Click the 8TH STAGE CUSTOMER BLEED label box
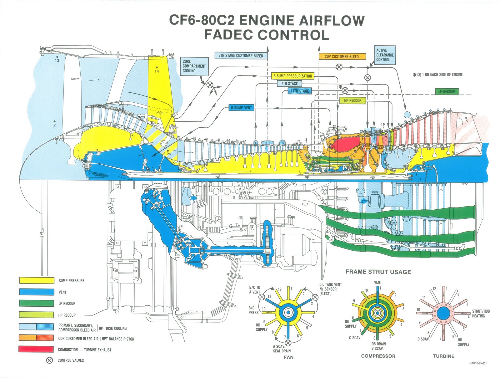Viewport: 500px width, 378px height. click(x=241, y=56)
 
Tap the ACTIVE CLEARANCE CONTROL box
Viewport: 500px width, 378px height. click(x=385, y=55)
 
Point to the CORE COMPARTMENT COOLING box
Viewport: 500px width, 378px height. click(x=195, y=66)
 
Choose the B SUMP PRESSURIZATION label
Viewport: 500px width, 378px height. click(x=292, y=76)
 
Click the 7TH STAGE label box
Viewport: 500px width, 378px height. click(x=290, y=84)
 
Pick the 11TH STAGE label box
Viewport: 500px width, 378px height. click(x=299, y=91)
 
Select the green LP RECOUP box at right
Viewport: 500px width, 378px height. click(x=447, y=91)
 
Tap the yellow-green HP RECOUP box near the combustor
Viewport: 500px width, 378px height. click(x=352, y=100)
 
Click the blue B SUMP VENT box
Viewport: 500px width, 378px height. click(x=241, y=108)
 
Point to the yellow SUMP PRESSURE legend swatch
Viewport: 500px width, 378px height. click(x=36, y=280)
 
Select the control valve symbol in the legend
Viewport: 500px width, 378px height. click(x=49, y=360)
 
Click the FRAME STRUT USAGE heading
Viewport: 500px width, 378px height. click(x=378, y=272)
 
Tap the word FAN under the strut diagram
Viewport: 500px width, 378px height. click(x=288, y=357)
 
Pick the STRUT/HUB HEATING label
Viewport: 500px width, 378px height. click(x=481, y=314)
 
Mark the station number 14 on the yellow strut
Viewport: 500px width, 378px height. click(x=157, y=71)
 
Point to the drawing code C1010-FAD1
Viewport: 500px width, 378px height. click(x=478, y=364)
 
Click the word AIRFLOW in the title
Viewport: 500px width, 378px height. click(x=332, y=20)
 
